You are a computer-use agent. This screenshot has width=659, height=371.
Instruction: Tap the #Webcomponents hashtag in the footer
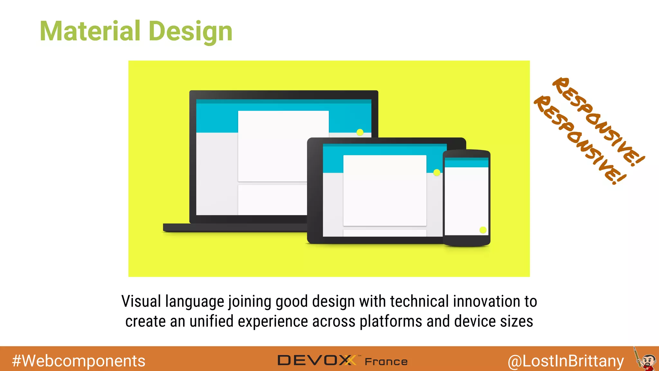tap(79, 361)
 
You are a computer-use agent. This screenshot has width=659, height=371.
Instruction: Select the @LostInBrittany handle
tap(566, 361)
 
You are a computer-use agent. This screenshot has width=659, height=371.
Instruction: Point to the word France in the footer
tap(386, 362)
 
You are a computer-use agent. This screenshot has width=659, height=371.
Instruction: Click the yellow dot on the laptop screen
tap(360, 132)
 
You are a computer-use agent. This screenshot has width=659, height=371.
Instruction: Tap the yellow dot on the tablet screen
tap(437, 173)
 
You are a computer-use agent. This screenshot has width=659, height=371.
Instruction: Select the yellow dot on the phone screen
tap(483, 230)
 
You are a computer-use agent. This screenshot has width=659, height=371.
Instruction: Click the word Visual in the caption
tap(141, 301)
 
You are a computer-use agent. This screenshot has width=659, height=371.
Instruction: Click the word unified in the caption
tap(211, 321)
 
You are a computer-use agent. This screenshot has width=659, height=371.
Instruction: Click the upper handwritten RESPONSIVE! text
tap(599, 121)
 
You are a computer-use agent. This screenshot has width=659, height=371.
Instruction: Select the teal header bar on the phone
tap(466, 163)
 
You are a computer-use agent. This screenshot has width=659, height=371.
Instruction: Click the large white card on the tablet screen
tap(385, 190)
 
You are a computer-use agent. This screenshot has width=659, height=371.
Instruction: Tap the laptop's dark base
tap(235, 228)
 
